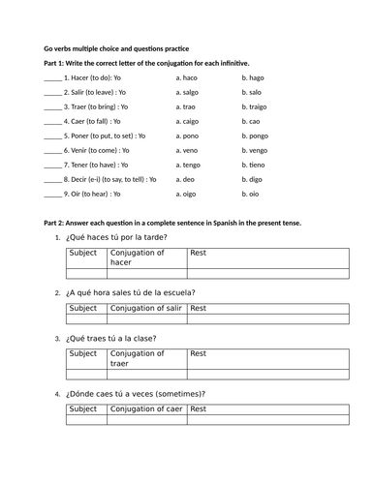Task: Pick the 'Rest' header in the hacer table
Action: [x=199, y=253]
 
